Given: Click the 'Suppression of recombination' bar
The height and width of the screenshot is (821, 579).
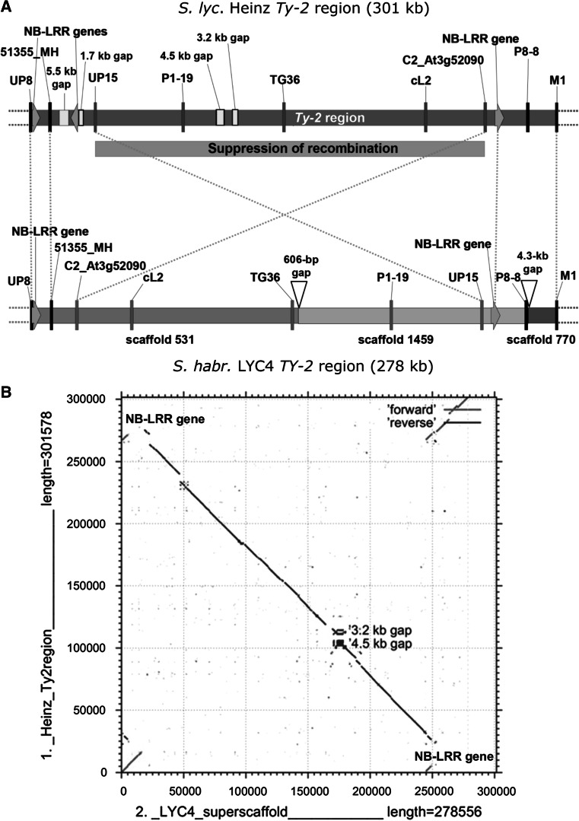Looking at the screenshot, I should (289, 148).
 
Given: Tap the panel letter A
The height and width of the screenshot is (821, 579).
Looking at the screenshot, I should (7, 7).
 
